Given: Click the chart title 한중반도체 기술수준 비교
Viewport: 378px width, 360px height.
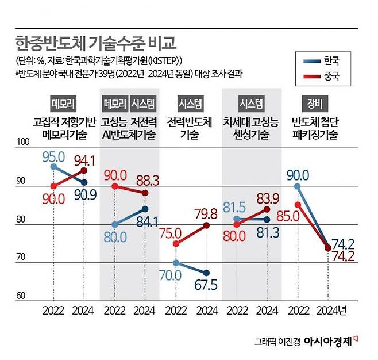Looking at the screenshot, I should (94, 43).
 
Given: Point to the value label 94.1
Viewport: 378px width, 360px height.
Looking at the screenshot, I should (85, 159).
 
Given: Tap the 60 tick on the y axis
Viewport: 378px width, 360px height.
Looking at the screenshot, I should (21, 296).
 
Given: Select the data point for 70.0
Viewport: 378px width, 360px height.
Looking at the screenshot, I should (176, 263).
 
